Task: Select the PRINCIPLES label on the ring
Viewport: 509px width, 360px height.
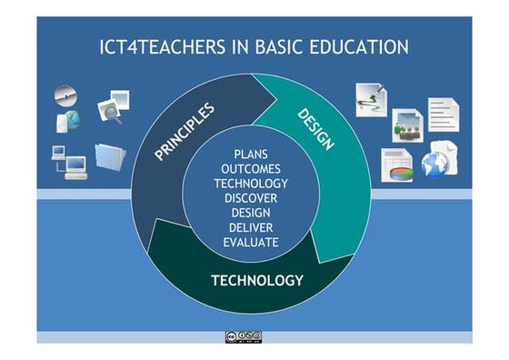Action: pyautogui.click(x=185, y=133)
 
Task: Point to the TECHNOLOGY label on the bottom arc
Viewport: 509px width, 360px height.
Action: pyautogui.click(x=257, y=280)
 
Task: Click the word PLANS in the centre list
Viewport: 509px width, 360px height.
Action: pyautogui.click(x=251, y=155)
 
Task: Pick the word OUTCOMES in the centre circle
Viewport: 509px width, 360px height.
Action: pyautogui.click(x=251, y=169)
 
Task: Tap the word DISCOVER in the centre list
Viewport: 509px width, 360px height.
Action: pyautogui.click(x=251, y=198)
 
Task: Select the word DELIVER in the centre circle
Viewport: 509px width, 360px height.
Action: pyautogui.click(x=251, y=227)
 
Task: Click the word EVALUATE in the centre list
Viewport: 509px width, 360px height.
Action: pyautogui.click(x=251, y=243)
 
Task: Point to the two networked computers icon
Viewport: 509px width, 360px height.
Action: pyautogui.click(x=69, y=161)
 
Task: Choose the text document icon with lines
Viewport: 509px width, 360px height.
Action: pyautogui.click(x=444, y=115)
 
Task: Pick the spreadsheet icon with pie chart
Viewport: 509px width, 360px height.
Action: pyautogui.click(x=397, y=165)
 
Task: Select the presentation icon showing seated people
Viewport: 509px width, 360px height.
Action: pyautogui.click(x=407, y=125)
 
